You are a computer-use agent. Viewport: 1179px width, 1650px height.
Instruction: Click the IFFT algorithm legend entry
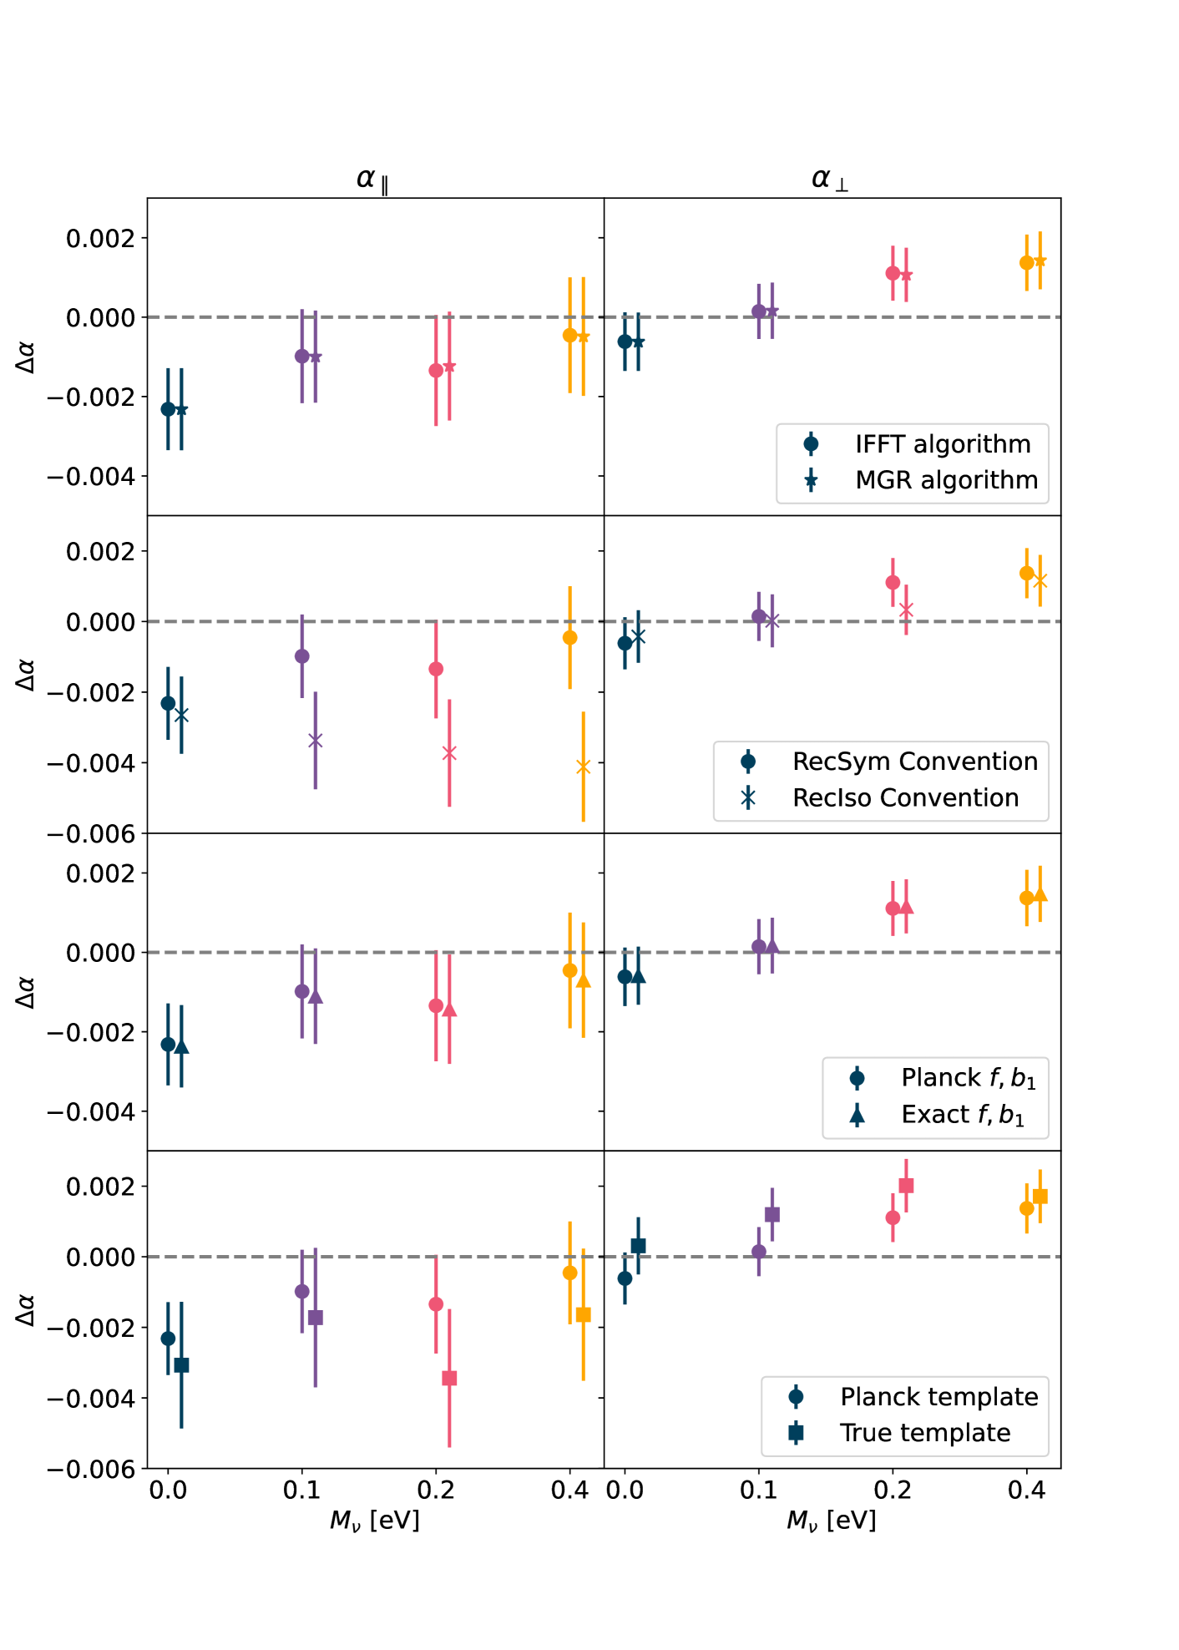click(942, 444)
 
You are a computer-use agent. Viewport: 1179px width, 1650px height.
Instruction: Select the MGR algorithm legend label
click(946, 480)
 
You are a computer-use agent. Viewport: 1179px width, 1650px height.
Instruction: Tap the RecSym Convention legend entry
click(914, 762)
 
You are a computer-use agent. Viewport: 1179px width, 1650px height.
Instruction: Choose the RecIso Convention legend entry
click(905, 798)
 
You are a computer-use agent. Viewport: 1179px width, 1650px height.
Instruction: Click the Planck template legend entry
click(939, 1397)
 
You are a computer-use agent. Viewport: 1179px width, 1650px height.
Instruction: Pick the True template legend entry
click(924, 1433)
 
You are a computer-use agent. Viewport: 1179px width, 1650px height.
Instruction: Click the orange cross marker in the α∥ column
click(583, 767)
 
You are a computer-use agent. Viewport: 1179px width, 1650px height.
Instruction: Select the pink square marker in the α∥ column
click(449, 1378)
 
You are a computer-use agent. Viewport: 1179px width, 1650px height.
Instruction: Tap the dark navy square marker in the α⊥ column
click(639, 1246)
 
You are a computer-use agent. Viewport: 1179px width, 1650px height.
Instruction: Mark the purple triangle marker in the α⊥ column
click(772, 946)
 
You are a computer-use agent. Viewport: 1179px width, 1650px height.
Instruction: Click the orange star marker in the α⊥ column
click(1040, 261)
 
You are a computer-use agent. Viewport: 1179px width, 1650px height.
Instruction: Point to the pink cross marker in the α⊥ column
click(906, 610)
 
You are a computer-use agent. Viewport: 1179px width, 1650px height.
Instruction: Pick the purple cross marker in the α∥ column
click(316, 741)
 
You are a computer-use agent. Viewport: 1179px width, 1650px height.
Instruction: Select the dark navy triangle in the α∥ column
click(181, 1047)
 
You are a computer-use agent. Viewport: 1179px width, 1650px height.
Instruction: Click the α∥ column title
click(372, 179)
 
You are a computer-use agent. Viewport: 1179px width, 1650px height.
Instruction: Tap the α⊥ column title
click(830, 179)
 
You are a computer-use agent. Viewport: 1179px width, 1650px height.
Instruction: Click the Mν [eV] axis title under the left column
click(374, 1521)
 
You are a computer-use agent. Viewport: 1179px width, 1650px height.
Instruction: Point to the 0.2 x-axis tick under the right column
click(893, 1491)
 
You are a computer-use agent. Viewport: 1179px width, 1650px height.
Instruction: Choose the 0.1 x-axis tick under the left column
click(301, 1491)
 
